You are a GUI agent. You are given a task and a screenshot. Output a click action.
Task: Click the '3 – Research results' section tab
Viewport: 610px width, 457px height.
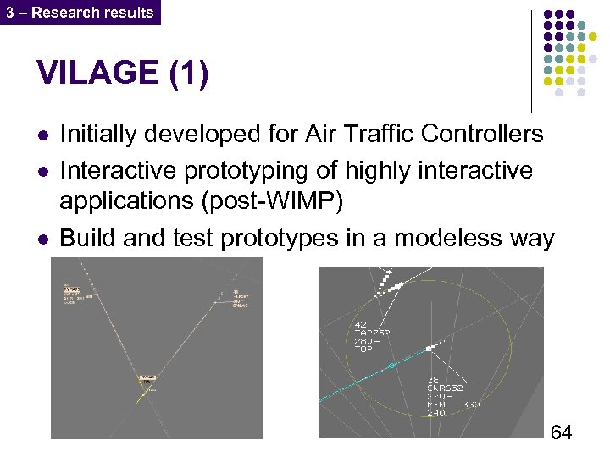coord(80,12)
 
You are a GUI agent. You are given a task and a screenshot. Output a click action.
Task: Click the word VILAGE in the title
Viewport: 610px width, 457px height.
coord(96,74)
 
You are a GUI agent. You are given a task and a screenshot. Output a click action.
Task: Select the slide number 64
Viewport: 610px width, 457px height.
coord(561,433)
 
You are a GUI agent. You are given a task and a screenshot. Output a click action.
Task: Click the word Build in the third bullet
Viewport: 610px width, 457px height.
coord(87,240)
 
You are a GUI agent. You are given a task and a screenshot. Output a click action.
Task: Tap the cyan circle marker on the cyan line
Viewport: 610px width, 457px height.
coord(391,366)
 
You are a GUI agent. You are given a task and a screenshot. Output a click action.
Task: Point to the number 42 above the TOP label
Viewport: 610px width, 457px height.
coord(359,324)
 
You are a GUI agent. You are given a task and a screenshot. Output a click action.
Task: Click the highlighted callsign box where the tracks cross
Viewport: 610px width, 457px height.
coord(147,377)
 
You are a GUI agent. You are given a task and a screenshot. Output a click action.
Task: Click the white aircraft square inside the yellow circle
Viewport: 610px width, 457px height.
coord(430,349)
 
